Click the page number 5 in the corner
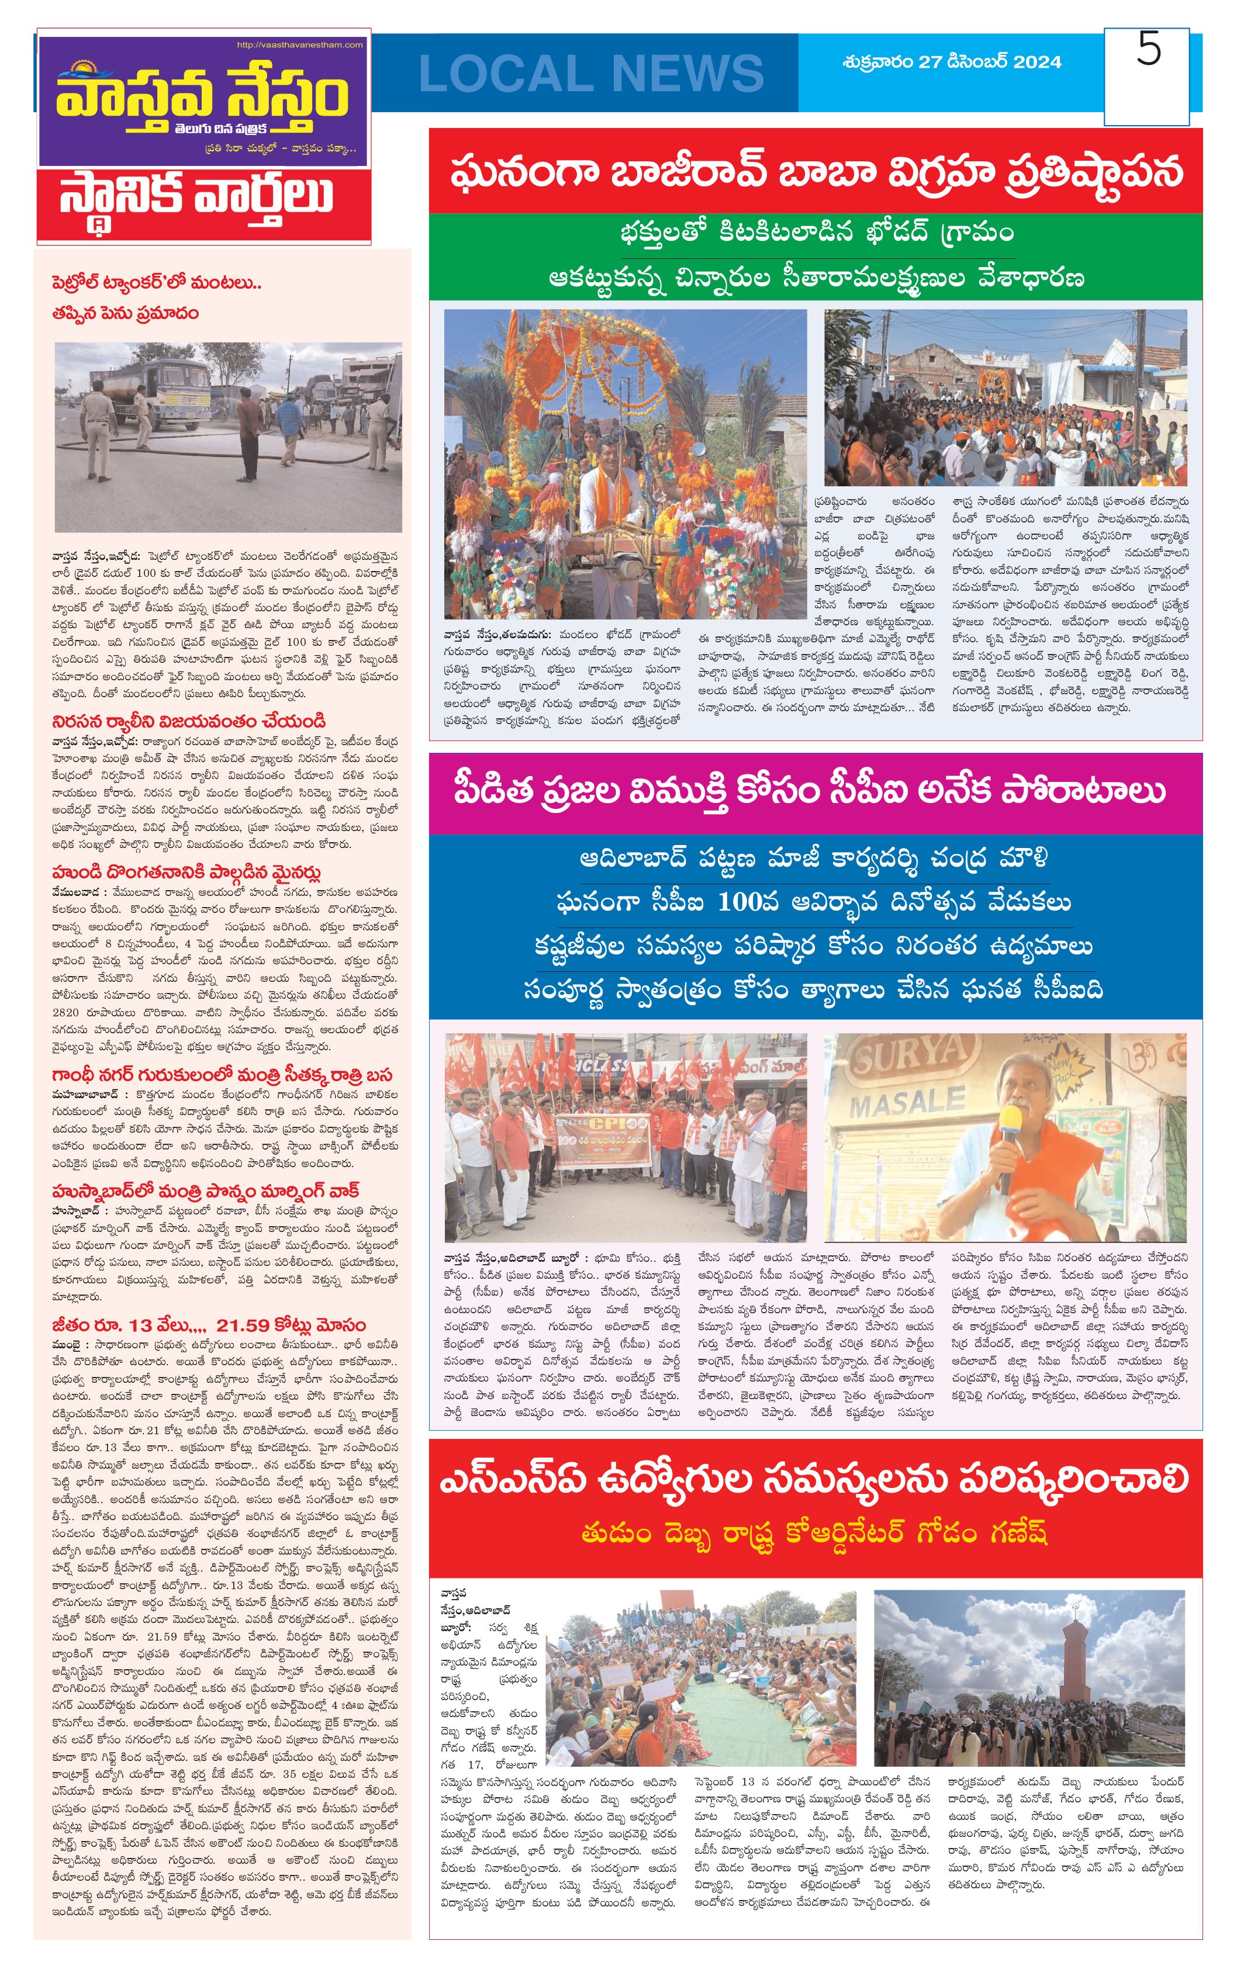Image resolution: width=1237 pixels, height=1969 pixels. click(1149, 51)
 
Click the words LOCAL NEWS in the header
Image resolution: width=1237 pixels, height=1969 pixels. click(590, 74)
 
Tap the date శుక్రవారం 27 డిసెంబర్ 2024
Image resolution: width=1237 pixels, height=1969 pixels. click(952, 62)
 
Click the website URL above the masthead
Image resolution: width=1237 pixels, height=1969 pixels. click(299, 45)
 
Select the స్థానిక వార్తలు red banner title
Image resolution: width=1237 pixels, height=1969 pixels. click(196, 197)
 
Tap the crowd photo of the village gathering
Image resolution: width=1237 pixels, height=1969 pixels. click(1005, 398)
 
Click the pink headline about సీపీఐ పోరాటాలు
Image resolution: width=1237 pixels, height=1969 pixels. click(809, 791)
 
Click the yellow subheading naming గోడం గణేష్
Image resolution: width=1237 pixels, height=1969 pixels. click(814, 1533)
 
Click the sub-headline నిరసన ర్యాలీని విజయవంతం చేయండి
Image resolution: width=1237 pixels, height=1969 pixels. click(189, 721)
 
